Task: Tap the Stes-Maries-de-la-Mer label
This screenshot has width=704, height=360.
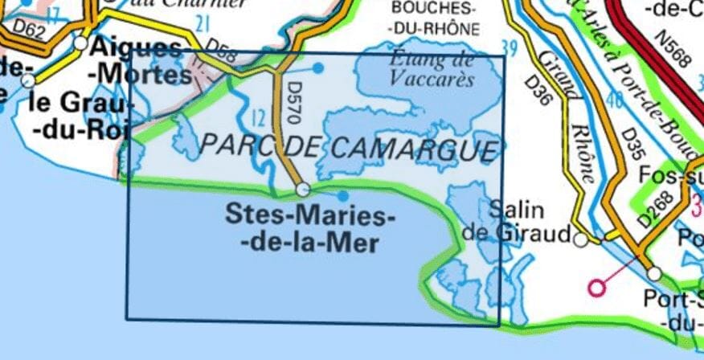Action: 310,228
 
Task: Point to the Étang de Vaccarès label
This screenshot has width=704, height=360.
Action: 432,68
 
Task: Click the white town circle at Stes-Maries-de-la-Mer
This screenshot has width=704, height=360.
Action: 303,190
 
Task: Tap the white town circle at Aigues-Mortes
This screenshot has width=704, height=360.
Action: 81,43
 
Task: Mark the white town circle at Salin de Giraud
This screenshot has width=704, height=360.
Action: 581,238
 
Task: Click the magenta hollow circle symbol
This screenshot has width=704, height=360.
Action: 597,287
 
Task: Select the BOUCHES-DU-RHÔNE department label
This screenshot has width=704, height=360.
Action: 434,18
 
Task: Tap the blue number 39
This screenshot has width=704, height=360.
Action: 508,47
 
